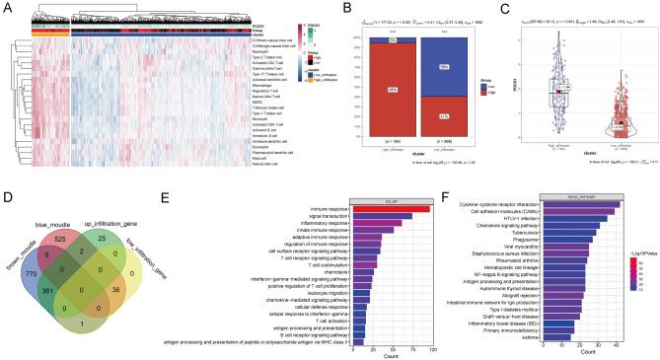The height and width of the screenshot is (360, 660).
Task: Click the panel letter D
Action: coord(7,199)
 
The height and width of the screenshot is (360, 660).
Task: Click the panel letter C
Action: coord(513,8)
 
